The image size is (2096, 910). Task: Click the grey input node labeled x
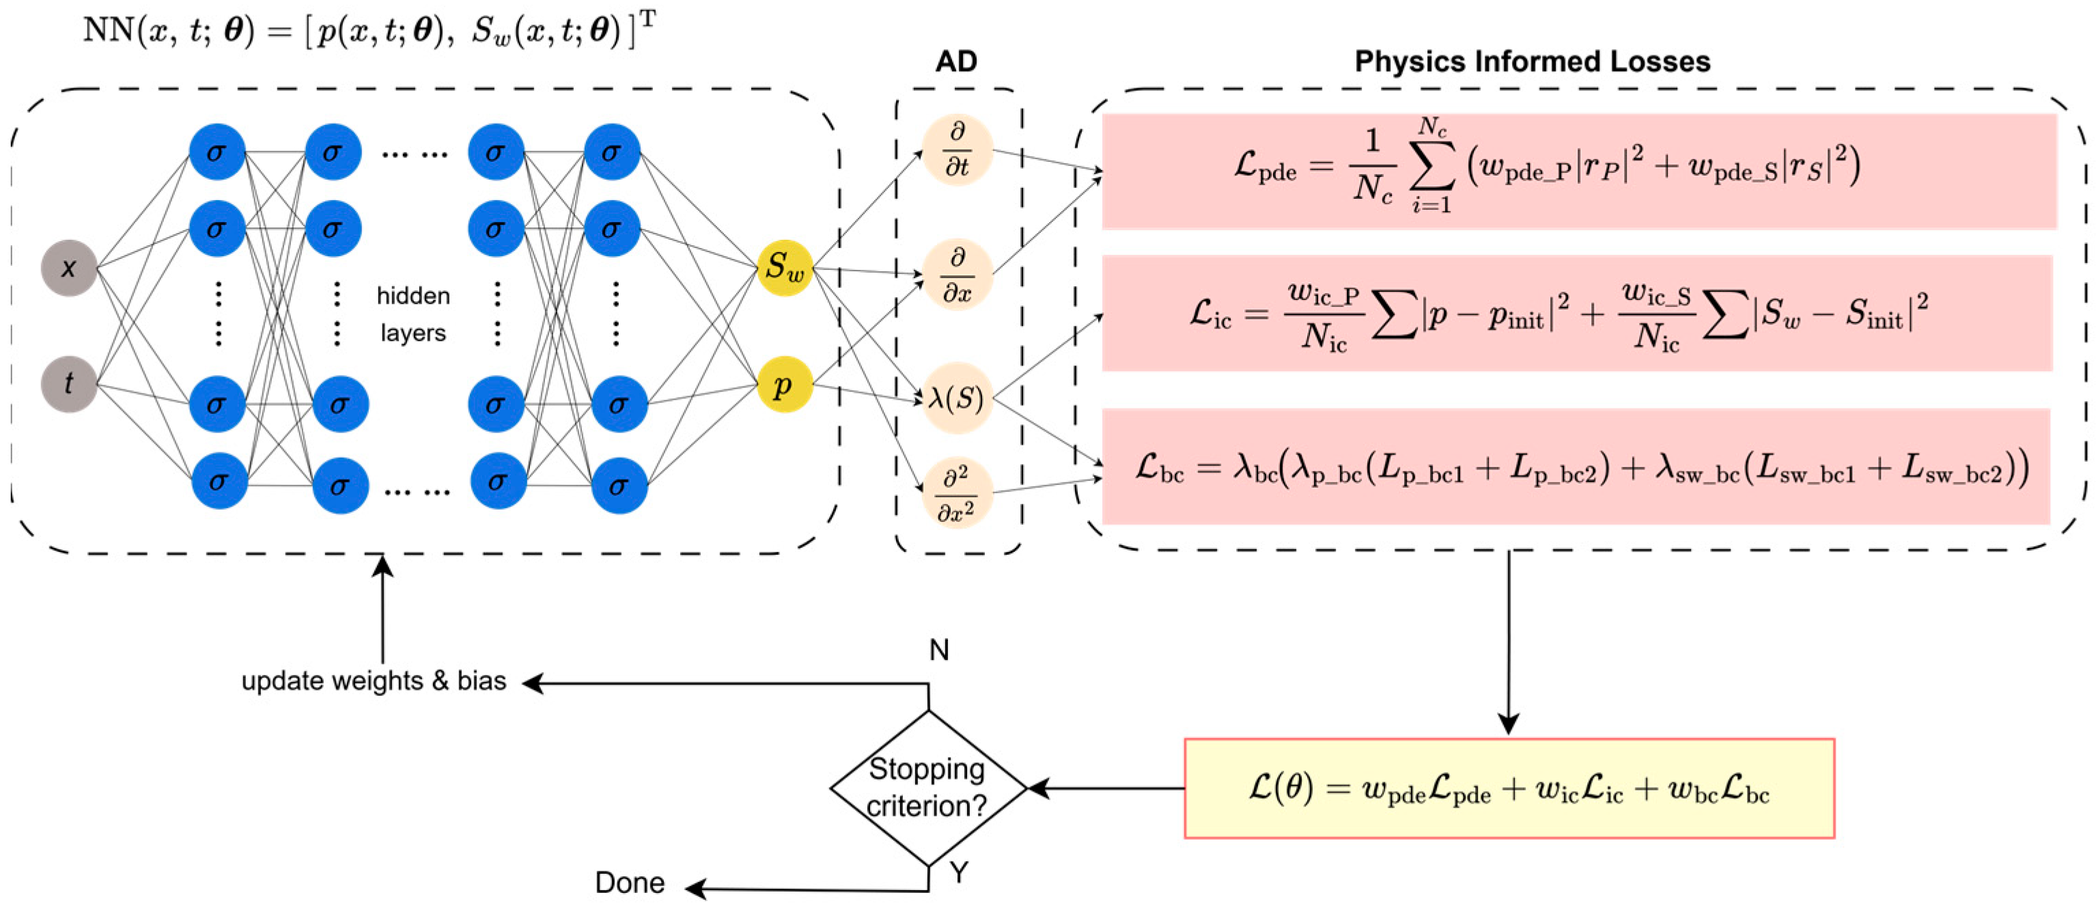coord(69,268)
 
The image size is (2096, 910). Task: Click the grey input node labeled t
coord(69,383)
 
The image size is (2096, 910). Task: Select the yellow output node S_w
coord(784,267)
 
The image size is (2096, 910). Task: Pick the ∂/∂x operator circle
coord(957,275)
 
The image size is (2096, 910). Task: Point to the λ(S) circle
coord(957,399)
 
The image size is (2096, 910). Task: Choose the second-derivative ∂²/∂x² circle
coord(957,493)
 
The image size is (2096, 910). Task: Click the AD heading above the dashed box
coord(956,62)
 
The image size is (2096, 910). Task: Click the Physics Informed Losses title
coord(1532,62)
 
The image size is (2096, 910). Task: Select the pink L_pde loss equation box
coord(1578,171)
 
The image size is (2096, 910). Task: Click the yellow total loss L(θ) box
coord(1509,788)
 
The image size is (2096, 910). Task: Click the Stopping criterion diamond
coord(927,787)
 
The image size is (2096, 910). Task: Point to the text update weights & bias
coord(374,680)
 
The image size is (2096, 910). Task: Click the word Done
coord(630,882)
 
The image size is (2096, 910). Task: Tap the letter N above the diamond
coord(939,650)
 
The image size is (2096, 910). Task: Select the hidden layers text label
coord(413,314)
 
